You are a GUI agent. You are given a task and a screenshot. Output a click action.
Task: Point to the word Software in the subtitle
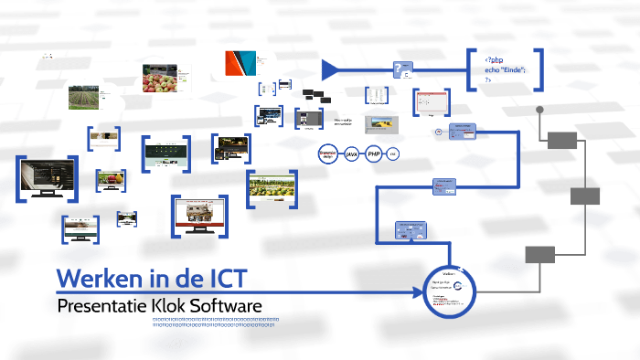pos(227,304)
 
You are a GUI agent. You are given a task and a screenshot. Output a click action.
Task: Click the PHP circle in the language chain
pos(373,155)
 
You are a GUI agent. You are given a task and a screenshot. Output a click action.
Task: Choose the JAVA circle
pos(352,155)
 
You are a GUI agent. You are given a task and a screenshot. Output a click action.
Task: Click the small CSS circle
pos(393,155)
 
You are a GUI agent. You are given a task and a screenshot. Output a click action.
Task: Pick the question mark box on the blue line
pos(402,69)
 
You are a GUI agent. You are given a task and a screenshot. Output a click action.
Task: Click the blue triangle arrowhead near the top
pos(332,69)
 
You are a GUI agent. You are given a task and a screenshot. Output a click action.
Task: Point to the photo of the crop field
pos(83,97)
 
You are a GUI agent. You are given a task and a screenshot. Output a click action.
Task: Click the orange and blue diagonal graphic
pos(241,63)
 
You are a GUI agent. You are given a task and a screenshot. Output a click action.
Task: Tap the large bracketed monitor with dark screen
pos(46,177)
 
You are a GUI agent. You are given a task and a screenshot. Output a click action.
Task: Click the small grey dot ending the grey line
pos(540,109)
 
